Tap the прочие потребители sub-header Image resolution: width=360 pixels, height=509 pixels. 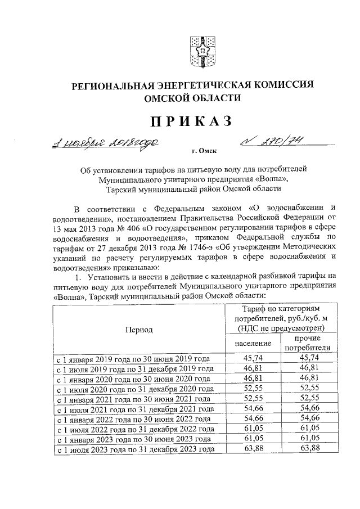click(307, 343)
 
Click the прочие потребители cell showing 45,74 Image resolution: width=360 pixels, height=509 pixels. click(307, 358)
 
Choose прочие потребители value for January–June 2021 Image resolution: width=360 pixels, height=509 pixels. click(307, 398)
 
